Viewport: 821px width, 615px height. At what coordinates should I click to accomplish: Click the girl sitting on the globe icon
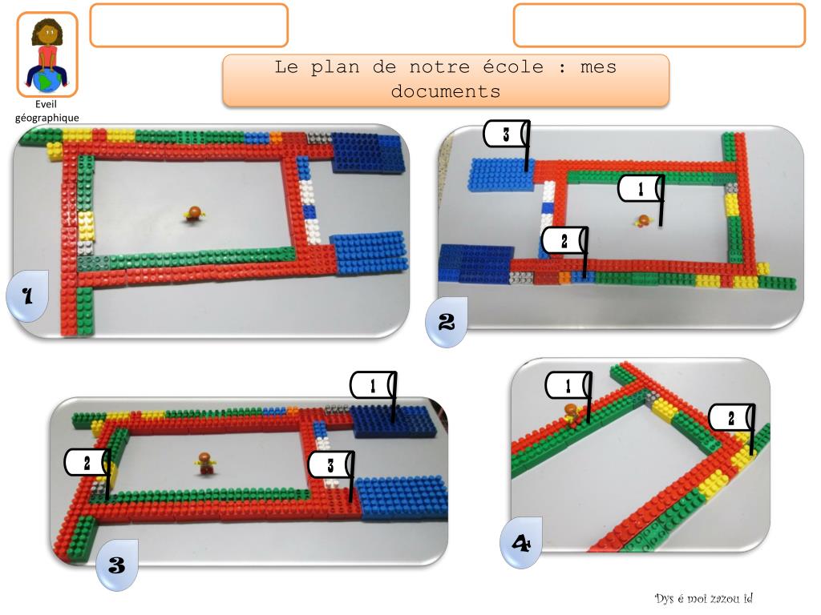tap(47, 55)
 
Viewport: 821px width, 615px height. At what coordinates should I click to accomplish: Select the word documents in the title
tap(446, 91)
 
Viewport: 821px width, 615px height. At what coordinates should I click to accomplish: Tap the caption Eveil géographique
tap(47, 111)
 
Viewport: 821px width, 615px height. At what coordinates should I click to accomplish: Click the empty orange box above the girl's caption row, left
tap(189, 25)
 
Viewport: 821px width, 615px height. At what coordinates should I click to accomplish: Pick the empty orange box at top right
tap(659, 25)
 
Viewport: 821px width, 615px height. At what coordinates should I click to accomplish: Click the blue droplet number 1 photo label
tap(27, 296)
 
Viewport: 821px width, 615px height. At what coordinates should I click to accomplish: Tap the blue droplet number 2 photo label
tap(446, 322)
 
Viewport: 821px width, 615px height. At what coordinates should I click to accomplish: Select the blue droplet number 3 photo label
tap(117, 565)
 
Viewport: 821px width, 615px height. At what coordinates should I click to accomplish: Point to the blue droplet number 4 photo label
tap(521, 543)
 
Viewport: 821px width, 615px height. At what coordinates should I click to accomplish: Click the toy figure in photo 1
tap(194, 214)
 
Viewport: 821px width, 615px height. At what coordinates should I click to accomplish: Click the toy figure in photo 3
tap(206, 464)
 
